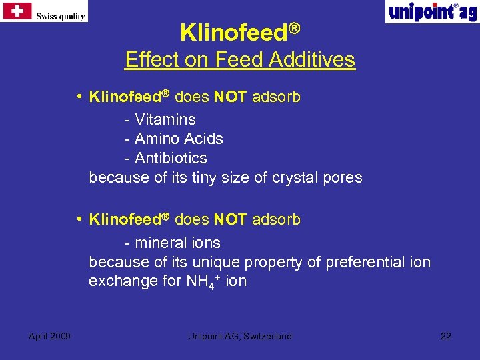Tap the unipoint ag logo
coord(431,12)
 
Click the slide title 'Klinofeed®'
coord(240,31)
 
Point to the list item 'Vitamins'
coord(165,120)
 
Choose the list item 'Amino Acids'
coord(179,139)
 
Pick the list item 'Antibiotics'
coord(171,159)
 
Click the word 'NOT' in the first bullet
coord(231,97)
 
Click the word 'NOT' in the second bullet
coord(231,220)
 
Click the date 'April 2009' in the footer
coord(50,336)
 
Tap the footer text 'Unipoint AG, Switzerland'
coord(239,336)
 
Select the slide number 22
coord(445,336)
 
